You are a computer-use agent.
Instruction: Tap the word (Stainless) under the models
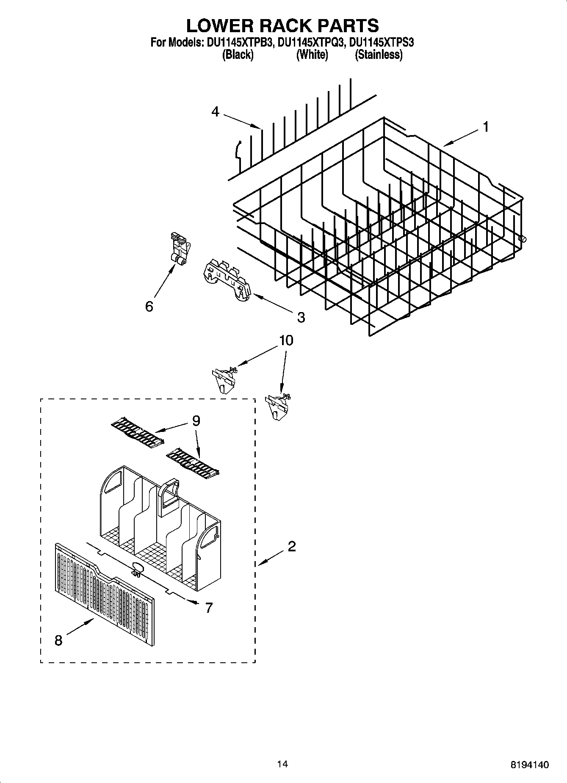coord(378,55)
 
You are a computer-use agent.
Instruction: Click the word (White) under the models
coord(312,55)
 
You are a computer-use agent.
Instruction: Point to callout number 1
coord(486,127)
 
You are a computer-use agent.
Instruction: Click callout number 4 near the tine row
coord(216,112)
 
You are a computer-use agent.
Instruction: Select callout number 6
coord(149,306)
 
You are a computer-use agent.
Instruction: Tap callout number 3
coord(301,317)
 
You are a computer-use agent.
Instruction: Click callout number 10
coord(286,340)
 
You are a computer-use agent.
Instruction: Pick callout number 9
coord(196,421)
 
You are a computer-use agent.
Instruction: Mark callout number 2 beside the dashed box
coord(291,547)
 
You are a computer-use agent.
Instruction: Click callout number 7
coord(208,608)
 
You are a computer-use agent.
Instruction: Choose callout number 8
coord(58,641)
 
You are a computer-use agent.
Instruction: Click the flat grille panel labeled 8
coord(104,597)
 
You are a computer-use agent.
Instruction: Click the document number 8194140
coord(529,765)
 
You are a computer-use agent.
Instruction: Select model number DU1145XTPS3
coord(380,43)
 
